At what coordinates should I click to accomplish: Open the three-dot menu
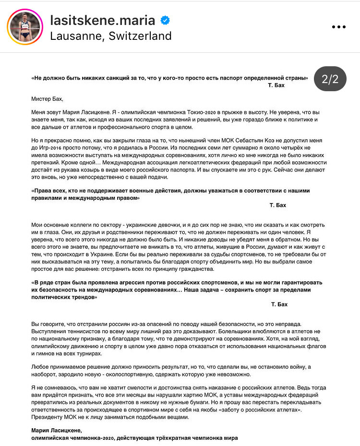click(339, 27)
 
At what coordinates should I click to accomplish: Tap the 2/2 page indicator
click(330, 79)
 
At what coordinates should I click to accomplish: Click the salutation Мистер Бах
click(47, 99)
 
